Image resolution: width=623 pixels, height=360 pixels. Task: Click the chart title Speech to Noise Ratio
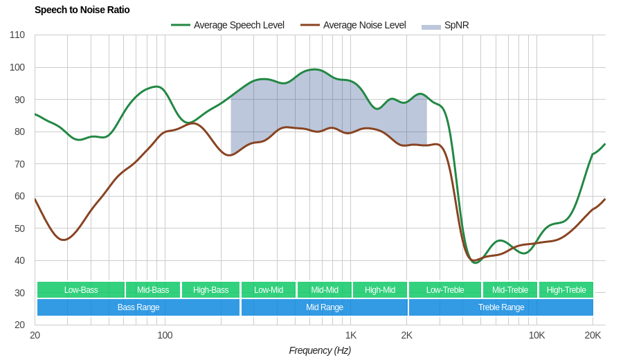(x=82, y=10)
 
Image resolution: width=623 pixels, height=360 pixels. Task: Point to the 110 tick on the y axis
(x=17, y=35)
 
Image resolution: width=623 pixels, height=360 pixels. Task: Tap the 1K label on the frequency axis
(x=351, y=335)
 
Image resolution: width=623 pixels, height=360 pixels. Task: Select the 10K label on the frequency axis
(x=536, y=335)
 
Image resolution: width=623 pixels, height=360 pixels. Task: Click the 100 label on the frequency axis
(x=165, y=335)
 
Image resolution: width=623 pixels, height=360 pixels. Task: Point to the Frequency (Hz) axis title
(x=320, y=350)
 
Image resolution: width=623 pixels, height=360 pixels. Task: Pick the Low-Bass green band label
(x=81, y=290)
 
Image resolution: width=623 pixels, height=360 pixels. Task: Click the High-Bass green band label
(x=210, y=290)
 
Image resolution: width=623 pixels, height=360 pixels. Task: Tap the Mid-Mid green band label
(x=325, y=290)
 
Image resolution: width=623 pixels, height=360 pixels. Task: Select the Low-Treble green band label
(x=445, y=290)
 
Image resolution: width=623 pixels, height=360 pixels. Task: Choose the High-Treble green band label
(x=566, y=290)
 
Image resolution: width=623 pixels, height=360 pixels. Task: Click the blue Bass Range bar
(x=138, y=307)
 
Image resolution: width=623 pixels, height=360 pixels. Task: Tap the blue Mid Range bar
(x=325, y=307)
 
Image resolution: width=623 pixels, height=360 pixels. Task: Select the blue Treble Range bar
(x=501, y=307)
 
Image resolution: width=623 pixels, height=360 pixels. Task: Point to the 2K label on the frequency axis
(x=406, y=335)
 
